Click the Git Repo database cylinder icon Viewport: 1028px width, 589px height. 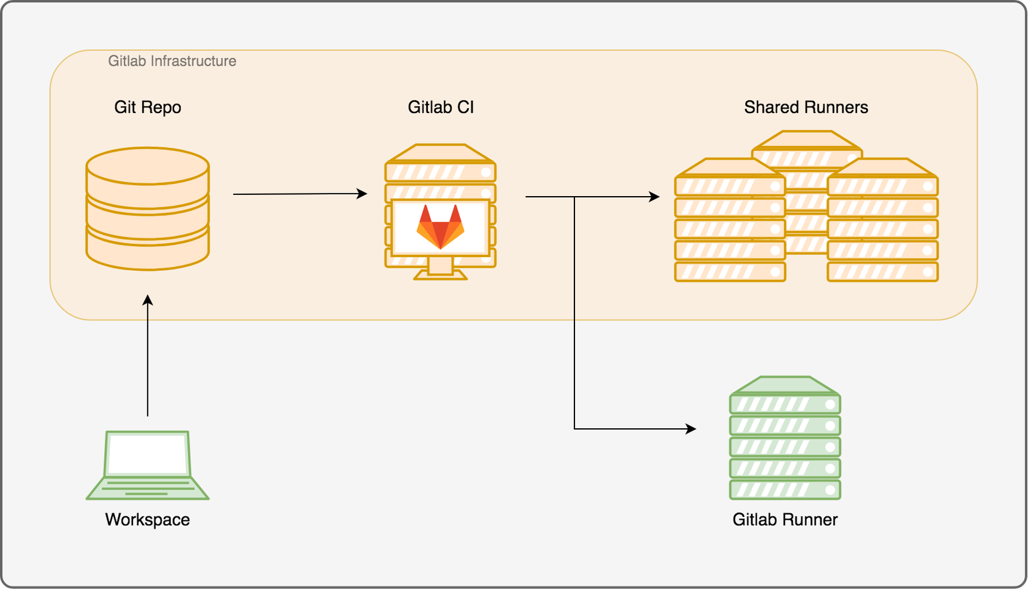(148, 208)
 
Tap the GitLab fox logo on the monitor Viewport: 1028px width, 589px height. (441, 227)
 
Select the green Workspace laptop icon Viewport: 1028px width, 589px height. (148, 465)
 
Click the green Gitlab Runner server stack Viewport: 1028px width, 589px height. (785, 438)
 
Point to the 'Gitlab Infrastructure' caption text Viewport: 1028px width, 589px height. (172, 61)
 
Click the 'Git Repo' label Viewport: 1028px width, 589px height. (148, 107)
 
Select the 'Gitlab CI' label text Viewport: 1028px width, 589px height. (441, 107)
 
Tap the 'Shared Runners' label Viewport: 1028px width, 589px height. (806, 107)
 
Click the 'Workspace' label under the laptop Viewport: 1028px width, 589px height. (148, 520)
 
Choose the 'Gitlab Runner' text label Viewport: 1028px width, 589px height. (785, 520)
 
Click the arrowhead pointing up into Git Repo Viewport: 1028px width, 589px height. (148, 300)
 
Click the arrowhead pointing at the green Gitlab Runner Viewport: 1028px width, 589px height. (691, 429)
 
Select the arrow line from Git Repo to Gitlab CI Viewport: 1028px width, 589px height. (300, 194)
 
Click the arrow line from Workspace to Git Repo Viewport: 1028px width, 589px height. (148, 356)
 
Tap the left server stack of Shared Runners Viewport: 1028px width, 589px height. (730, 220)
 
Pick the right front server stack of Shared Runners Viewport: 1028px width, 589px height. (883, 220)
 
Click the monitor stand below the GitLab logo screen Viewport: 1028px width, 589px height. (441, 268)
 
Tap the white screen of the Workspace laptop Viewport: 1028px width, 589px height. (148, 455)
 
